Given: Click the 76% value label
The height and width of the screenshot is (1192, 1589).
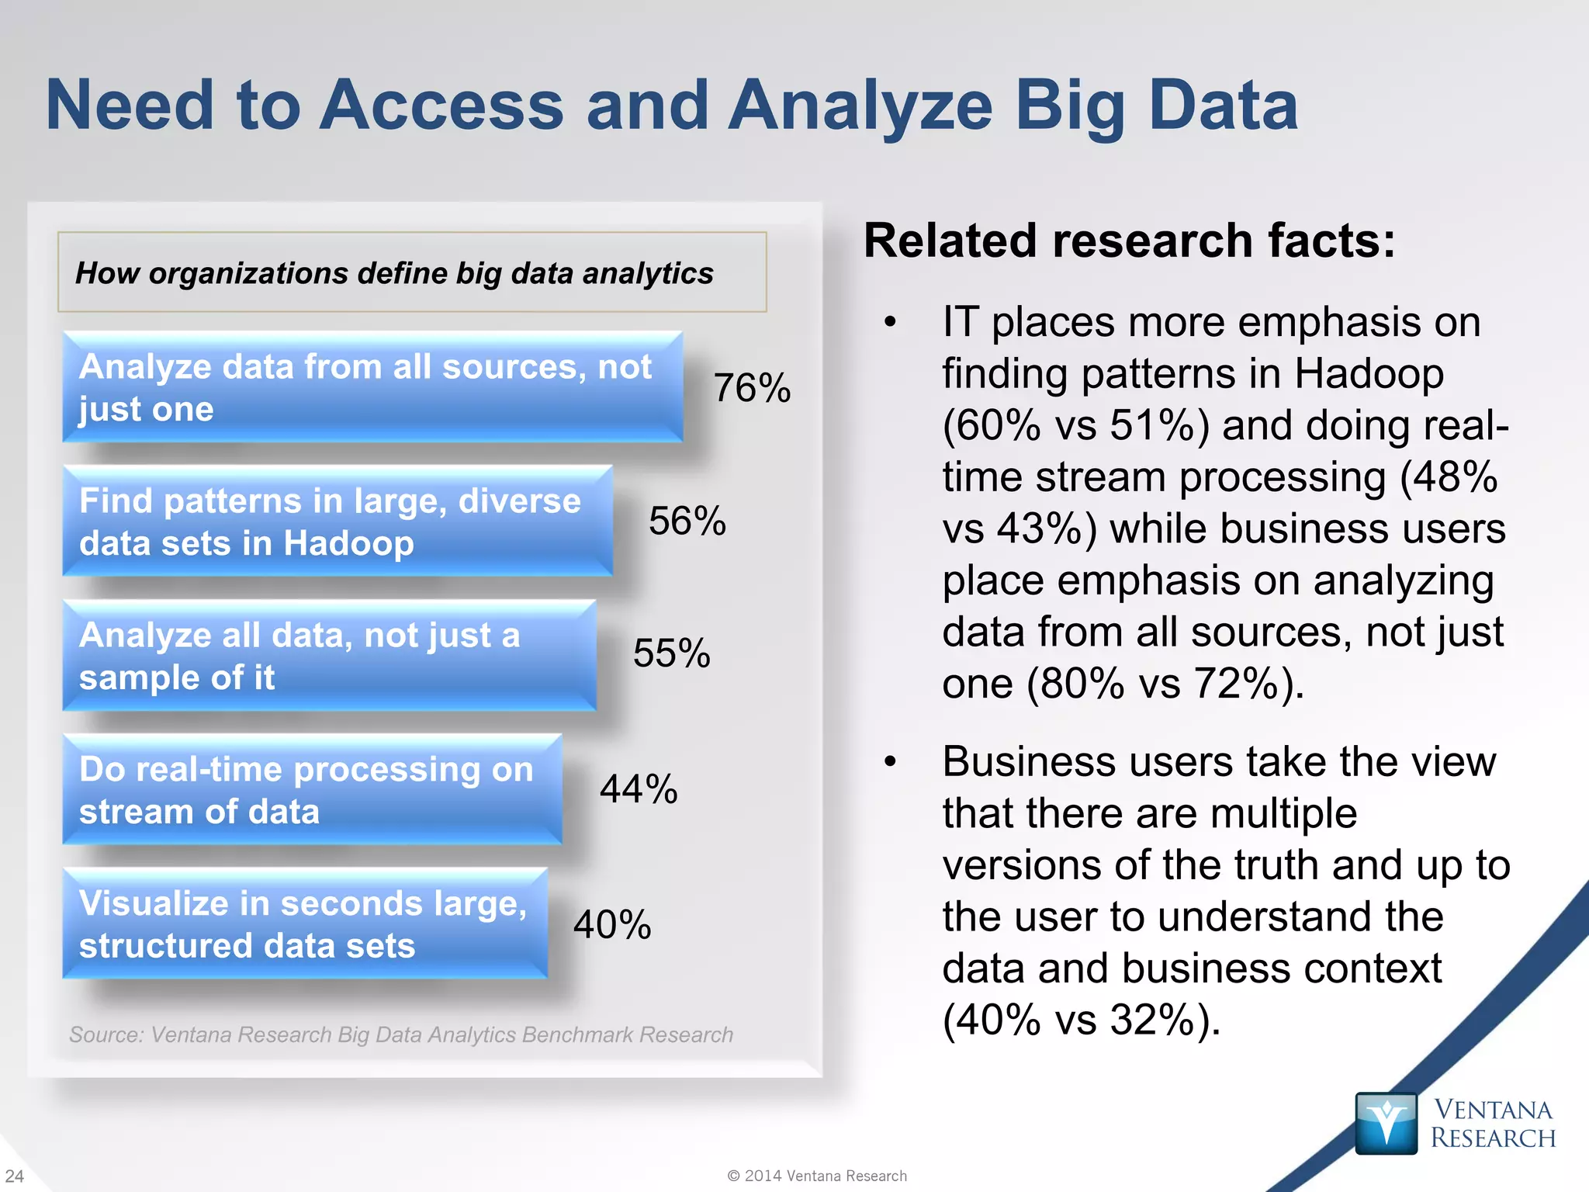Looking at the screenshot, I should pyautogui.click(x=752, y=388).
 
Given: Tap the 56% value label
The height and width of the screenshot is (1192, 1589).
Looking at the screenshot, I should pyautogui.click(x=687, y=521).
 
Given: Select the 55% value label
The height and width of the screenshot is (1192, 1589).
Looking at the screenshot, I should pyautogui.click(x=672, y=653).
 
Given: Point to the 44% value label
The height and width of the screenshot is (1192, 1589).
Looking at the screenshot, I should pyautogui.click(x=639, y=789).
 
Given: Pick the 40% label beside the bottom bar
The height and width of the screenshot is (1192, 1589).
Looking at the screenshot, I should pyautogui.click(x=612, y=924).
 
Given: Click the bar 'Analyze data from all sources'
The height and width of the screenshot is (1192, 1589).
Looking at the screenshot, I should pyautogui.click(x=372, y=387).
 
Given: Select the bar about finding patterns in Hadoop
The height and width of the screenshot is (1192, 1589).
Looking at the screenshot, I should pyautogui.click(x=338, y=521).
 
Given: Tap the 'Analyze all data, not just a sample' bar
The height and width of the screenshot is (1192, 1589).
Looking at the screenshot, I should pyautogui.click(x=330, y=656).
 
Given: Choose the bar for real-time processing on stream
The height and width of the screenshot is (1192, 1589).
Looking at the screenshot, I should pyautogui.click(x=312, y=790).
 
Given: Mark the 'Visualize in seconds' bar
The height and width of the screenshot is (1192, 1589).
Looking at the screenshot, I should pyautogui.click(x=305, y=923).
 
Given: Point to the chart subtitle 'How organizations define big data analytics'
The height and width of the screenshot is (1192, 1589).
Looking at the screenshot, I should pyautogui.click(x=394, y=273).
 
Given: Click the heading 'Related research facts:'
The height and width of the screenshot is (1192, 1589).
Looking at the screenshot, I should pyautogui.click(x=1129, y=241).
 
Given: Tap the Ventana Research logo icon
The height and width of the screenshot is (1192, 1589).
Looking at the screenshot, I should pyautogui.click(x=1386, y=1123).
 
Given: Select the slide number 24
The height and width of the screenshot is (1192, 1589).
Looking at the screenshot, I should pyautogui.click(x=15, y=1176).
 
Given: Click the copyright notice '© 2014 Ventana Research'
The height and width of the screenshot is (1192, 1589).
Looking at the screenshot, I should pyautogui.click(x=817, y=1176).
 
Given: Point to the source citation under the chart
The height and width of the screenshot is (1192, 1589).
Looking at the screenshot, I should pyautogui.click(x=400, y=1034).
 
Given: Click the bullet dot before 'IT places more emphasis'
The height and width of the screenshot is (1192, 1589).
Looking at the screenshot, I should pyautogui.click(x=890, y=322).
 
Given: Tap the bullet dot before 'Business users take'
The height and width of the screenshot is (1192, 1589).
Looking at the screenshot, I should pyautogui.click(x=890, y=762).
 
